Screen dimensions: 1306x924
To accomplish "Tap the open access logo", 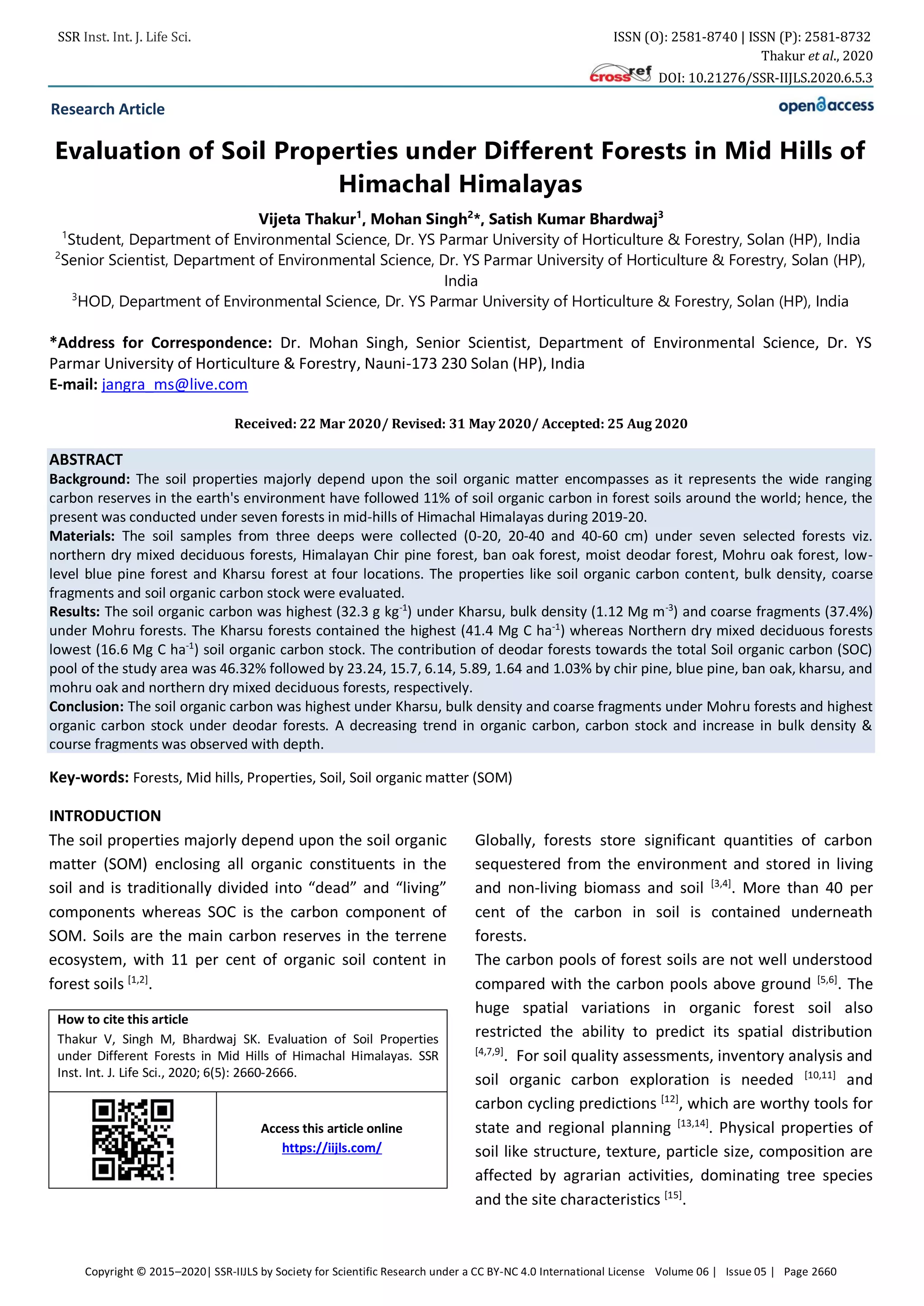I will pyautogui.click(x=826, y=106).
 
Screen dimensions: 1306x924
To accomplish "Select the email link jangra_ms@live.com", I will pyautogui.click(x=175, y=385).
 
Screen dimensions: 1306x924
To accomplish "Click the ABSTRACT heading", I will pyautogui.click(x=86, y=460).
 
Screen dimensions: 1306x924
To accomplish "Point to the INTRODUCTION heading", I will pyautogui.click(x=105, y=816).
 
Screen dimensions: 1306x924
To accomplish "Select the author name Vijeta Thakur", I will pyautogui.click(x=308, y=220).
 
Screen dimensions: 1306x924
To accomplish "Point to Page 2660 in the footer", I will pyautogui.click(x=810, y=1271).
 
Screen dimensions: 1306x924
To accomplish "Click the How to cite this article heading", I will pyautogui.click(x=122, y=1019).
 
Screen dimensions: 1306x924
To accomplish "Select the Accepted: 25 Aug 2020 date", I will pyautogui.click(x=614, y=424).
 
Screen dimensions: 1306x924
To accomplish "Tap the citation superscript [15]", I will pyautogui.click(x=673, y=1195).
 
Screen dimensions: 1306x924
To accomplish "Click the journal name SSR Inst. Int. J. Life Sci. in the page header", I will pyautogui.click(x=124, y=37).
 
